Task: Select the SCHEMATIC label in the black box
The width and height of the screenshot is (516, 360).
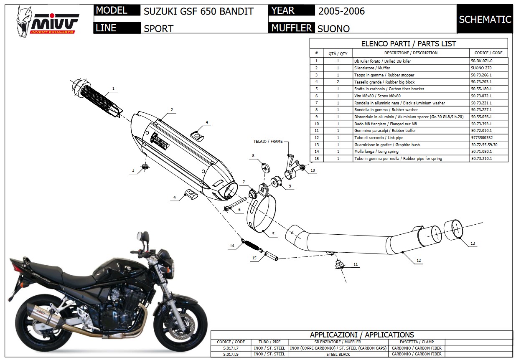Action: coord(485,20)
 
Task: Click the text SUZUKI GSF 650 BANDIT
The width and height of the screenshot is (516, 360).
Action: coord(198,11)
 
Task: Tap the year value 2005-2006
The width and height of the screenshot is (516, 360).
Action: coord(341,11)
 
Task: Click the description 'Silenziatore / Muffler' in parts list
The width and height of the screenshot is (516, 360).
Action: coord(372,68)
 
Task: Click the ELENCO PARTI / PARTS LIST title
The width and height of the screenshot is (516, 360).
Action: coord(408,43)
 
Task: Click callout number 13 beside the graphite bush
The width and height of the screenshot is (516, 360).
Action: coord(473,243)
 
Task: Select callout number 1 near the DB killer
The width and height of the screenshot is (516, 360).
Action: coord(113,89)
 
